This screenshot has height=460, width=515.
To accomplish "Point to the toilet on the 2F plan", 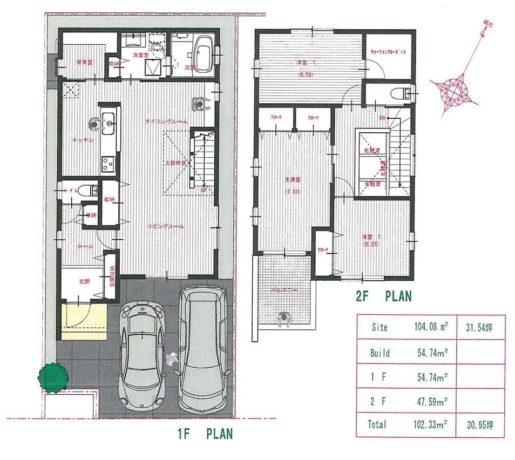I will point(399,92).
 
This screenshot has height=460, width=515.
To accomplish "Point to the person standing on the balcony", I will point(283,319).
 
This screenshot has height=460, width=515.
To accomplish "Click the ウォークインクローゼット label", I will point(387,51).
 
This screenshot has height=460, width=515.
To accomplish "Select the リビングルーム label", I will point(167,227).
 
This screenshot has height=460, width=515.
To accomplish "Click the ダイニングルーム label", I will point(166,123).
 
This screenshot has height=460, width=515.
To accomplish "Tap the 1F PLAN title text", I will point(205,434).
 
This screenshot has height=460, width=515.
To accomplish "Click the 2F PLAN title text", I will point(384,296).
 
